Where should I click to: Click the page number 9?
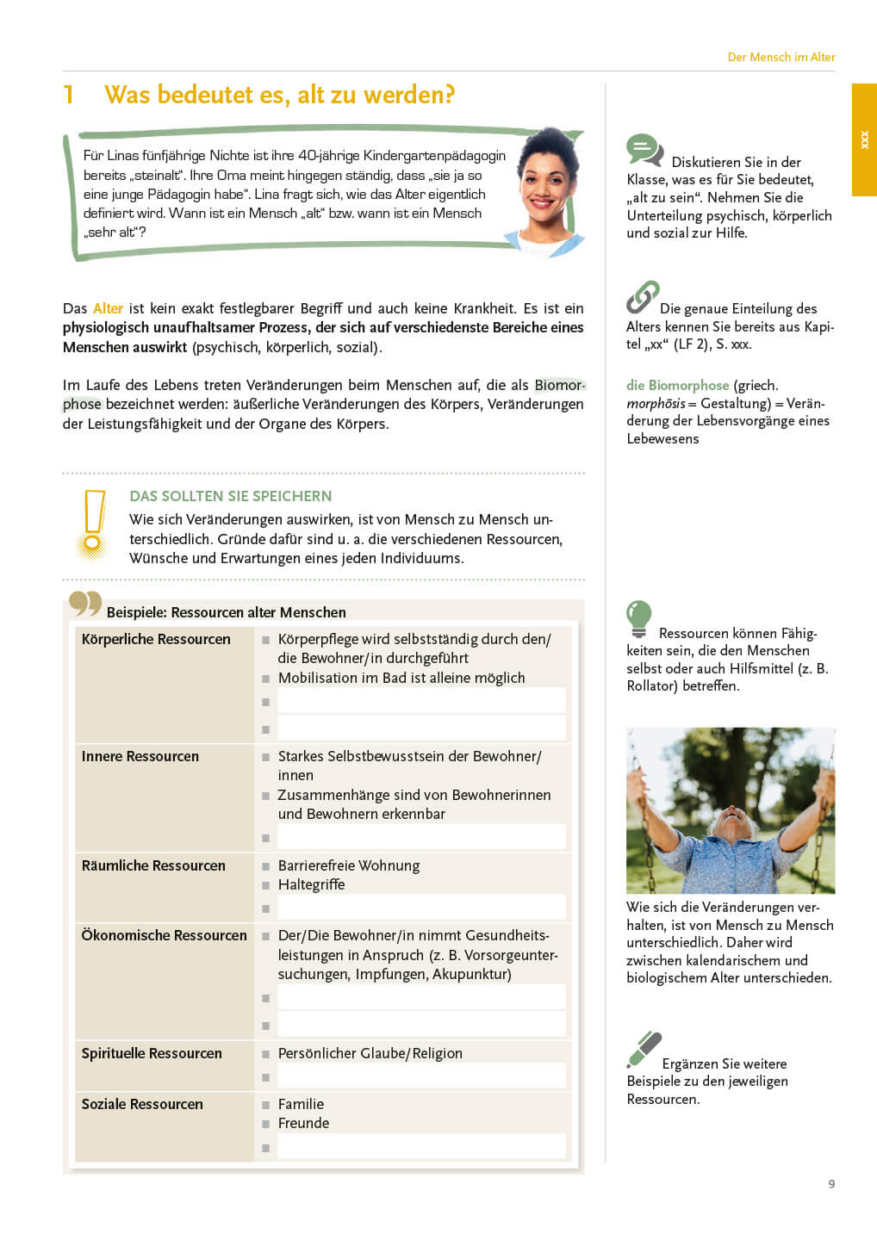point(831,1184)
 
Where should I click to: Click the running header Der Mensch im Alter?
point(781,57)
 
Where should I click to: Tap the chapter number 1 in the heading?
point(69,95)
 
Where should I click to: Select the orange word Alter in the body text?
point(108,308)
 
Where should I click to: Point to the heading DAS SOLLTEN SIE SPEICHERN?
point(230,496)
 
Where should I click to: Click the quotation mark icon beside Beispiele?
point(85,604)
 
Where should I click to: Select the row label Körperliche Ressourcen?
point(156,639)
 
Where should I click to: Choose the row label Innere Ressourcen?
point(140,756)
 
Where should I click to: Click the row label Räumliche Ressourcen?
point(153,865)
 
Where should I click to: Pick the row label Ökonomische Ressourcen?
point(164,935)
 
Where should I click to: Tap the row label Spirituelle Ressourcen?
point(152,1053)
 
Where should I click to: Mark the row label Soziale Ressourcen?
point(142,1104)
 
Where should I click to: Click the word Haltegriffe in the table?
point(311,884)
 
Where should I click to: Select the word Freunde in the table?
point(303,1123)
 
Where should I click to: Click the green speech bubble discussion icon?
point(644,151)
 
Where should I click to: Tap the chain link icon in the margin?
point(643,297)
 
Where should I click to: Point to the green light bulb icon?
point(638,618)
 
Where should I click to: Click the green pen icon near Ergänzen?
point(644,1049)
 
